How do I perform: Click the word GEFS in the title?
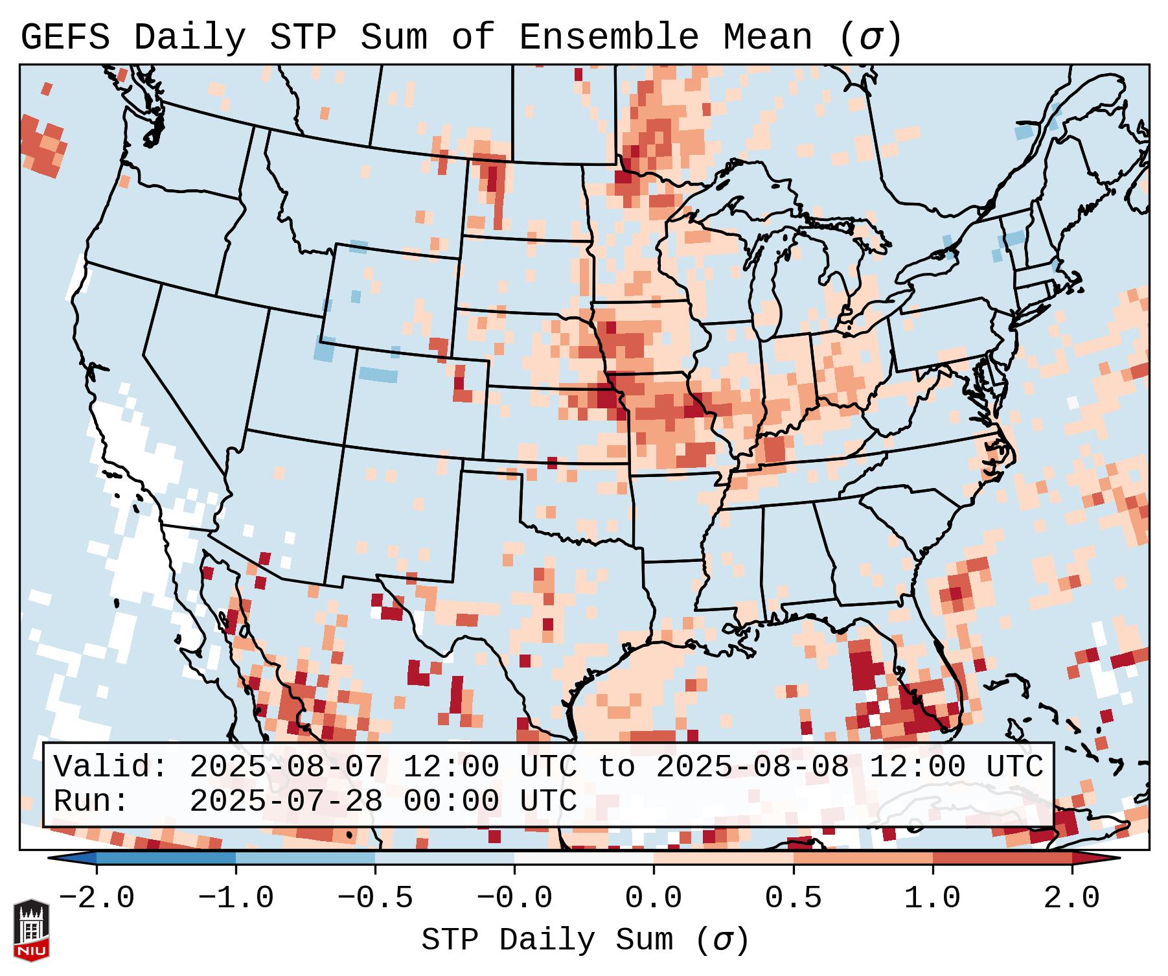click(x=65, y=38)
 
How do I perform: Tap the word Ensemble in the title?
click(x=608, y=38)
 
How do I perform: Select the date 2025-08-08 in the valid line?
click(x=752, y=767)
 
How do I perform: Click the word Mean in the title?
click(x=768, y=38)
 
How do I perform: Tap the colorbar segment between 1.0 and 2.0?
click(x=1002, y=858)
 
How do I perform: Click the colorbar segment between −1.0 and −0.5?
click(x=305, y=858)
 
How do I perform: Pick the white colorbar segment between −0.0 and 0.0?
click(x=584, y=858)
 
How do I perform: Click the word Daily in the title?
click(x=189, y=38)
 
